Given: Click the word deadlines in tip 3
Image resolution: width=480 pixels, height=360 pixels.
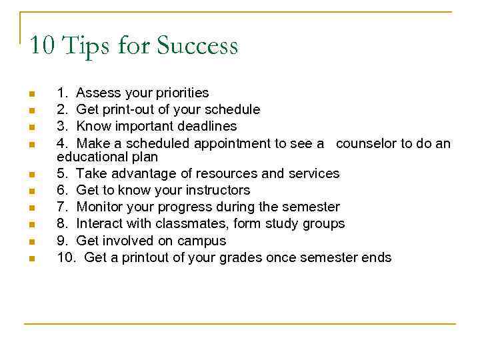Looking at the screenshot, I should click(x=207, y=126).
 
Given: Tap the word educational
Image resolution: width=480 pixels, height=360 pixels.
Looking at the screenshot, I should click(x=90, y=157).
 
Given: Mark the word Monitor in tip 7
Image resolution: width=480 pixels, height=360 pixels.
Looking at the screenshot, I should click(x=101, y=207).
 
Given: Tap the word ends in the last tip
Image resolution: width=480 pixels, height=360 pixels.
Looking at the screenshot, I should click(x=377, y=257).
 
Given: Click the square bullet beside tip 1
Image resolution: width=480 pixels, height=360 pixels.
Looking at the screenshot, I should click(x=31, y=93).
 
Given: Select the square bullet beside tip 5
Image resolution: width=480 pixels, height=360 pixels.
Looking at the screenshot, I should click(x=31, y=174).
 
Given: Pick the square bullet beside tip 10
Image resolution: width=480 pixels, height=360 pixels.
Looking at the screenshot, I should click(x=31, y=258).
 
